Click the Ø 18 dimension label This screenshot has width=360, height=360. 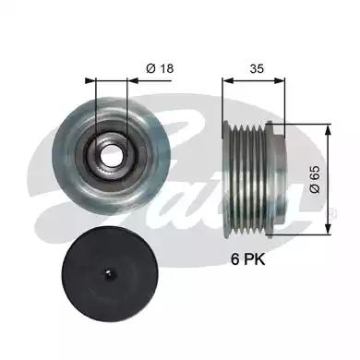tap(160, 68)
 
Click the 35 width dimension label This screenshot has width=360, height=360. tap(257, 68)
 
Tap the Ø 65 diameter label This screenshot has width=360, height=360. tap(315, 179)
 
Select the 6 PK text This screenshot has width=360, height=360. tap(248, 259)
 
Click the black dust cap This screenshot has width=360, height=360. tap(111, 274)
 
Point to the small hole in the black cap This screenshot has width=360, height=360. tap(108, 272)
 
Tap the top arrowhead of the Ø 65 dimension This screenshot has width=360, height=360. tap(329, 129)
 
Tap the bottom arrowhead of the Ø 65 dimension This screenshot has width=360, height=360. tap(329, 229)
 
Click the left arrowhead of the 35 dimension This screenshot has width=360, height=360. tap(228, 80)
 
